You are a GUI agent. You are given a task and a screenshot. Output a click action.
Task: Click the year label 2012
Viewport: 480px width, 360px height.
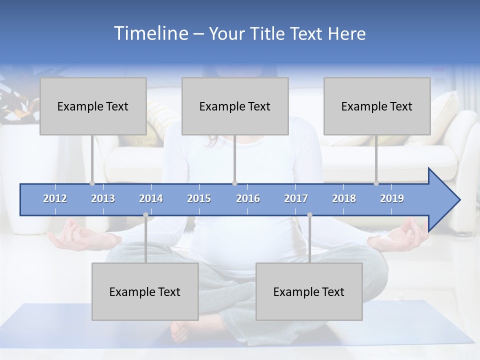tap(55, 198)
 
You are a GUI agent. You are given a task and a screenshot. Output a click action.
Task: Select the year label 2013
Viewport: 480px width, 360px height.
tap(103, 198)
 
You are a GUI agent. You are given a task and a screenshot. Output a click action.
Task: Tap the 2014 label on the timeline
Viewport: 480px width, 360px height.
tap(151, 198)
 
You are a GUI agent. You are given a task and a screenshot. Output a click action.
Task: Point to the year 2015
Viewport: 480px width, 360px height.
tap(199, 198)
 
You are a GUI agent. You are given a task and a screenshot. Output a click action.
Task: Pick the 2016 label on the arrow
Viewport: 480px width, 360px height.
tap(248, 198)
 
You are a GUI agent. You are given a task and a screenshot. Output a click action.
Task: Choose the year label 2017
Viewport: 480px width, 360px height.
tap(296, 198)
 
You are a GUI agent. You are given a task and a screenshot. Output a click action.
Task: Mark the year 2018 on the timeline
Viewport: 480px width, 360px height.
tap(344, 198)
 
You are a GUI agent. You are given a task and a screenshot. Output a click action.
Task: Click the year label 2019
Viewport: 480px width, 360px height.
tap(392, 198)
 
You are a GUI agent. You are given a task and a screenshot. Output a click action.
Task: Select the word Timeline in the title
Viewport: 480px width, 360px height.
tap(150, 33)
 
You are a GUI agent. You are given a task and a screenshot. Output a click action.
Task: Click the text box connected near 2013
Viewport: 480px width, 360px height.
tap(93, 106)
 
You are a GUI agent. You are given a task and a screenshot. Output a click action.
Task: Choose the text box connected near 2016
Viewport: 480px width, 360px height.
tap(235, 106)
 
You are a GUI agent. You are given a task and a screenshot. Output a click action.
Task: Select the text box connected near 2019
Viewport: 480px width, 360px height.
tap(377, 106)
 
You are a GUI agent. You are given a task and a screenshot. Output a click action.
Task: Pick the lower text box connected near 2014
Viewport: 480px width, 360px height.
tap(145, 291)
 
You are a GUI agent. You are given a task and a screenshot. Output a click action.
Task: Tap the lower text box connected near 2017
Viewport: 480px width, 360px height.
tap(309, 291)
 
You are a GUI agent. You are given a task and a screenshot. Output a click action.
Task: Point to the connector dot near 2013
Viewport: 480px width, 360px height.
tap(92, 183)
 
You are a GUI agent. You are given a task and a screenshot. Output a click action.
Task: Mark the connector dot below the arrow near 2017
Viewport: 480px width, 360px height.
tap(309, 215)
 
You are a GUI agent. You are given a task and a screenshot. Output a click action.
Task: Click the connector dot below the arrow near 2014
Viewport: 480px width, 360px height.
tap(145, 215)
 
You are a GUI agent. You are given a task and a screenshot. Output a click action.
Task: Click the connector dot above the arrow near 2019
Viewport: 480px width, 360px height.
tap(376, 183)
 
